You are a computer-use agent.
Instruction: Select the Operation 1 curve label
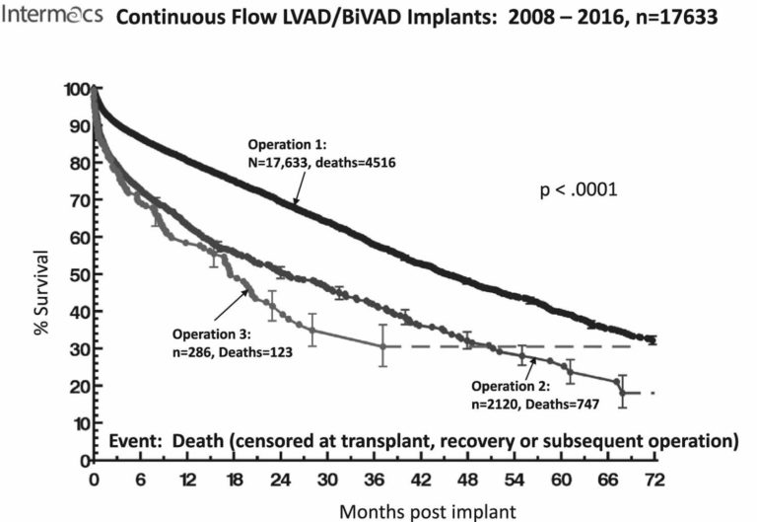[x=284, y=154]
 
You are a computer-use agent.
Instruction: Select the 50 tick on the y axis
[x=79, y=274]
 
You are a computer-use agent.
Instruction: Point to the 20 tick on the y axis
[x=79, y=386]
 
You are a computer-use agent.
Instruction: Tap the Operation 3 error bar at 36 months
[x=382, y=345]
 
